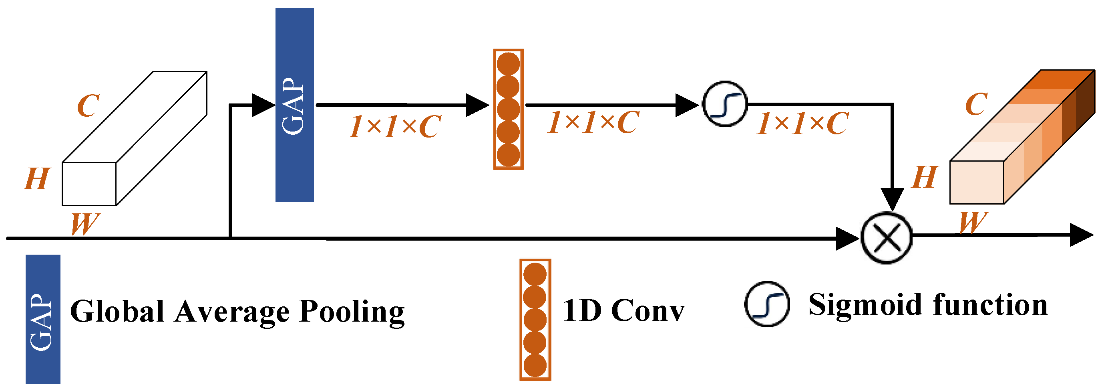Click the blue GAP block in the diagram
pos(295,105)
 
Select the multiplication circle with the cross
pos(887,238)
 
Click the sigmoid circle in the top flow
pos(725,104)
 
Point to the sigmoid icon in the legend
pos(767,304)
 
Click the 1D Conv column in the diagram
pos(509,109)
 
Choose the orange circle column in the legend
pos(535,320)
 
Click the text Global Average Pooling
pos(237,312)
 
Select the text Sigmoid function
pos(928,305)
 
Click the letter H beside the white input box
pos(36,179)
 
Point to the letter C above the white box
pos(88,105)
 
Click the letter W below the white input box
pos(85,224)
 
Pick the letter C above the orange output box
pos(976,104)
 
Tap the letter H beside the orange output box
pos(924,177)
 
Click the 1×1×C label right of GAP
pos(395,127)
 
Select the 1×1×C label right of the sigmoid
pos(802,124)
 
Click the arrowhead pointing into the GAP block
pos(263,105)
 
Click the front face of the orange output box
pos(977,182)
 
